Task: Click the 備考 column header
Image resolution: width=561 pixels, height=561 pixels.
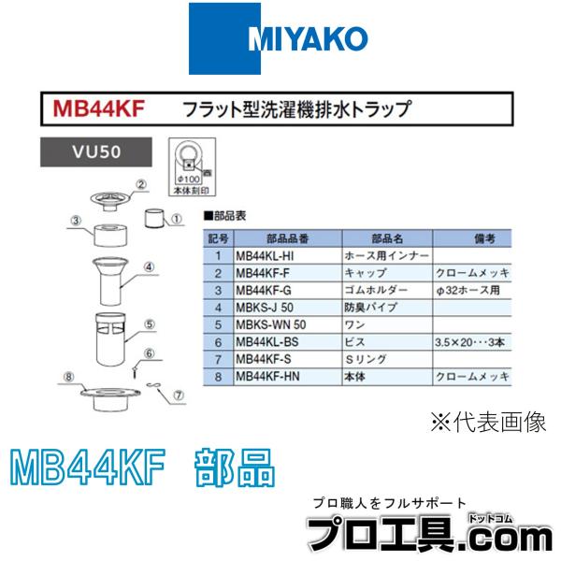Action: coord(473,238)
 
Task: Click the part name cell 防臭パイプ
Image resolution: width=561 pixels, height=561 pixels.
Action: coord(374,308)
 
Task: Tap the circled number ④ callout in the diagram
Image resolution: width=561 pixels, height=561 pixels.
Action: coord(148,266)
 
